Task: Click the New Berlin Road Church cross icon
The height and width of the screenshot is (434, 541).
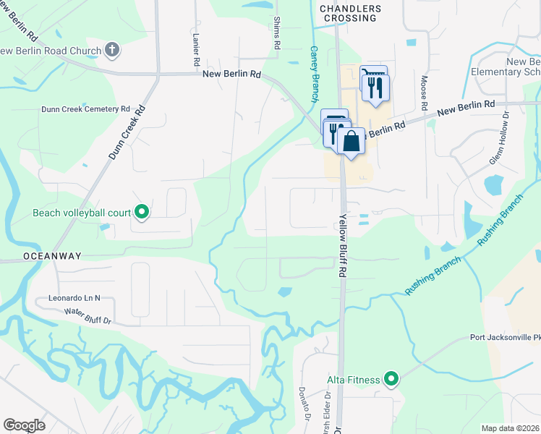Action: pyautogui.click(x=111, y=50)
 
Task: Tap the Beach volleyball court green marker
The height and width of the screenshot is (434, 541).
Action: pyautogui.click(x=142, y=212)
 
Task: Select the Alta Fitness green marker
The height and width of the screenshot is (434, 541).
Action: pyautogui.click(x=391, y=378)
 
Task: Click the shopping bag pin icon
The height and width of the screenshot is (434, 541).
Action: pyautogui.click(x=351, y=140)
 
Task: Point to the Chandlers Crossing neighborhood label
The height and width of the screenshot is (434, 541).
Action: pyautogui.click(x=350, y=13)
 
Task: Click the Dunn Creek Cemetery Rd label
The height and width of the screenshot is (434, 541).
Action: pyautogui.click(x=85, y=109)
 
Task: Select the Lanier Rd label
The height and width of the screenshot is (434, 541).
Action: pyautogui.click(x=196, y=51)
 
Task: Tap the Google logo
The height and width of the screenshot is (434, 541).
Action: pyautogui.click(x=25, y=425)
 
